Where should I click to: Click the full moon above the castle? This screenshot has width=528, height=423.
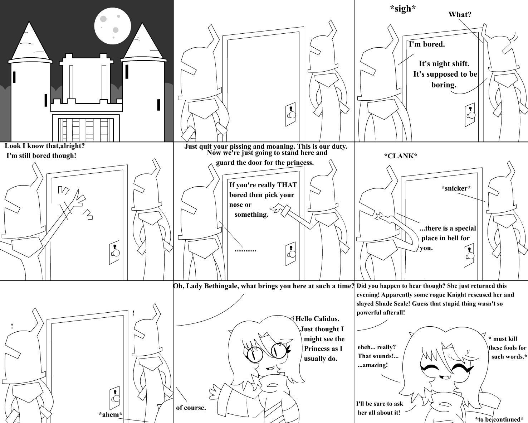[113, 26]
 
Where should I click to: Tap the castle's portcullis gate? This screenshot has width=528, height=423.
[86, 130]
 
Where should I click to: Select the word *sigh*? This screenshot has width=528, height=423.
[403, 9]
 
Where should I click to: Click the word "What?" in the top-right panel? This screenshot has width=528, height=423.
[460, 15]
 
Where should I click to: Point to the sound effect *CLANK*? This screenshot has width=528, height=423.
[401, 156]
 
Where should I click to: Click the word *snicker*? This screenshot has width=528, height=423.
[456, 188]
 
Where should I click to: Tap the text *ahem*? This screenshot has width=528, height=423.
[111, 414]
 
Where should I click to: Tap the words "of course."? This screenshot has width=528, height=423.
[191, 408]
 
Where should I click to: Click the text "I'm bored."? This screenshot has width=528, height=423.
[427, 44]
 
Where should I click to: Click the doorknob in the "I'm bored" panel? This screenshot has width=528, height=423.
[471, 115]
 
